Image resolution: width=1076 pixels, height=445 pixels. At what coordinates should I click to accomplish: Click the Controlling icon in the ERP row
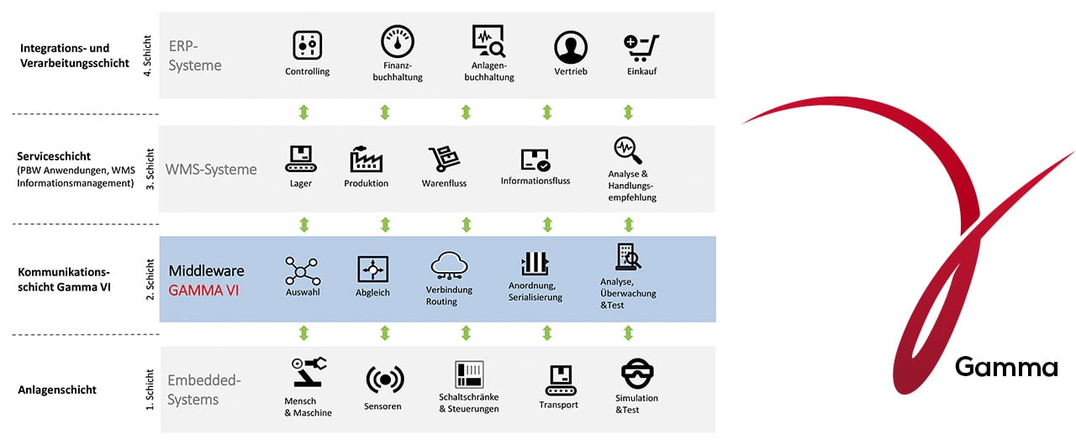[x=308, y=45]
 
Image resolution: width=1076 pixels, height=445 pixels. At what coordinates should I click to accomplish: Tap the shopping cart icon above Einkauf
[x=641, y=48]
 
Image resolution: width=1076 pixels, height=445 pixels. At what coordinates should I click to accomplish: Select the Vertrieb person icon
[x=571, y=48]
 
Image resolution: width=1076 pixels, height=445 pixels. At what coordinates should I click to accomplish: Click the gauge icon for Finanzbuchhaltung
[x=398, y=41]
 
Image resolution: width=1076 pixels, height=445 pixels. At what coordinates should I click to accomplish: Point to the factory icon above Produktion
[x=366, y=159]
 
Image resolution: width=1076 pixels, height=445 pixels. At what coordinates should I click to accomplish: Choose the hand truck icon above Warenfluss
[x=444, y=159]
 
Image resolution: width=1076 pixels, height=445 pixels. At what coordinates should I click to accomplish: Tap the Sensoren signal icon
[x=385, y=380]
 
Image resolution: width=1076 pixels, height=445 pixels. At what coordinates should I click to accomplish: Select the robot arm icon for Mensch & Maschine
[x=309, y=372]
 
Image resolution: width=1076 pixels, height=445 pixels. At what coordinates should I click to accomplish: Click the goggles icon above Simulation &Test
[x=637, y=373]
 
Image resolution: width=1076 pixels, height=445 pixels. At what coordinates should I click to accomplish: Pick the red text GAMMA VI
[x=203, y=291]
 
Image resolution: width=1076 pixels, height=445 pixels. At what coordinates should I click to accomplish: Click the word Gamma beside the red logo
[x=1006, y=367]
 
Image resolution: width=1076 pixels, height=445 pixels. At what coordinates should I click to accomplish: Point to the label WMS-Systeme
[x=211, y=170]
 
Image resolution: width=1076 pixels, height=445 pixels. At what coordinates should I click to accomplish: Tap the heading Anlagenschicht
[x=57, y=390]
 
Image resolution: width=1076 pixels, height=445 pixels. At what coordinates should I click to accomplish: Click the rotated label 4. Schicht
[x=147, y=55]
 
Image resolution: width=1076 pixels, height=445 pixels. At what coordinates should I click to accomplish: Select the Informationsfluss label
[x=535, y=181]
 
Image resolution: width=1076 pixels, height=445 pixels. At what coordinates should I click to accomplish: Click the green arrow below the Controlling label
[x=303, y=113]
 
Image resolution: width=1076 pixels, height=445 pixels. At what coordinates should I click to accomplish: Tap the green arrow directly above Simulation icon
[x=628, y=332]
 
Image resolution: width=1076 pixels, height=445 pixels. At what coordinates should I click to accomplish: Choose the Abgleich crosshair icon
[x=372, y=270]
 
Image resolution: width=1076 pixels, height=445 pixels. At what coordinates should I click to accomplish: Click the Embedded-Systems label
[x=204, y=390]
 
